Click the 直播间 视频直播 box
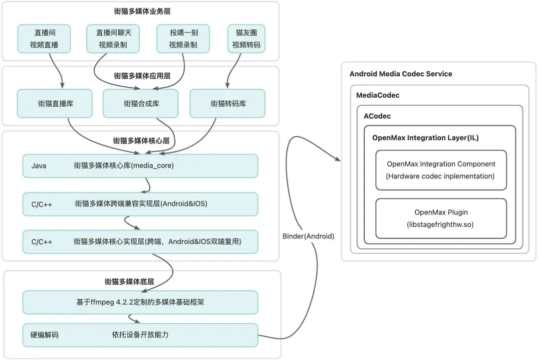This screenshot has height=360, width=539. [44, 39]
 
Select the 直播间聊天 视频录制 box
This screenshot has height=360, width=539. [112, 39]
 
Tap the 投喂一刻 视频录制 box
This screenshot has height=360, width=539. [183, 39]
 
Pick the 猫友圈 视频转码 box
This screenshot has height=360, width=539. [246, 39]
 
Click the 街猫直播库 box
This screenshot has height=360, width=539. [55, 104]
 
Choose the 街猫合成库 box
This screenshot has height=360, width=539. [140, 104]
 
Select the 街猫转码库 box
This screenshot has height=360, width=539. [228, 104]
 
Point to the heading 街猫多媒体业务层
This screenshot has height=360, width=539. [141, 11]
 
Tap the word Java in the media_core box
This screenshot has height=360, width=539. [38, 166]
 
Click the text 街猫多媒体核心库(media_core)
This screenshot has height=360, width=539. [123, 166]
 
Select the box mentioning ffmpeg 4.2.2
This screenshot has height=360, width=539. [140, 303]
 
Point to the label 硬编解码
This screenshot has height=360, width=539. [44, 335]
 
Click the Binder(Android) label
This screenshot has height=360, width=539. [308, 236]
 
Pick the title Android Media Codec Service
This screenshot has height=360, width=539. [401, 74]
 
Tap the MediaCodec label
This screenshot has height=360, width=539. [378, 95]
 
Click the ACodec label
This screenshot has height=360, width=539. [377, 116]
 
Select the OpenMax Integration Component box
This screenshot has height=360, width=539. [441, 170]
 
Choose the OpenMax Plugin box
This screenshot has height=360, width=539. [441, 218]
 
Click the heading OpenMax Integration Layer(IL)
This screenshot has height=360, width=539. [425, 138]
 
